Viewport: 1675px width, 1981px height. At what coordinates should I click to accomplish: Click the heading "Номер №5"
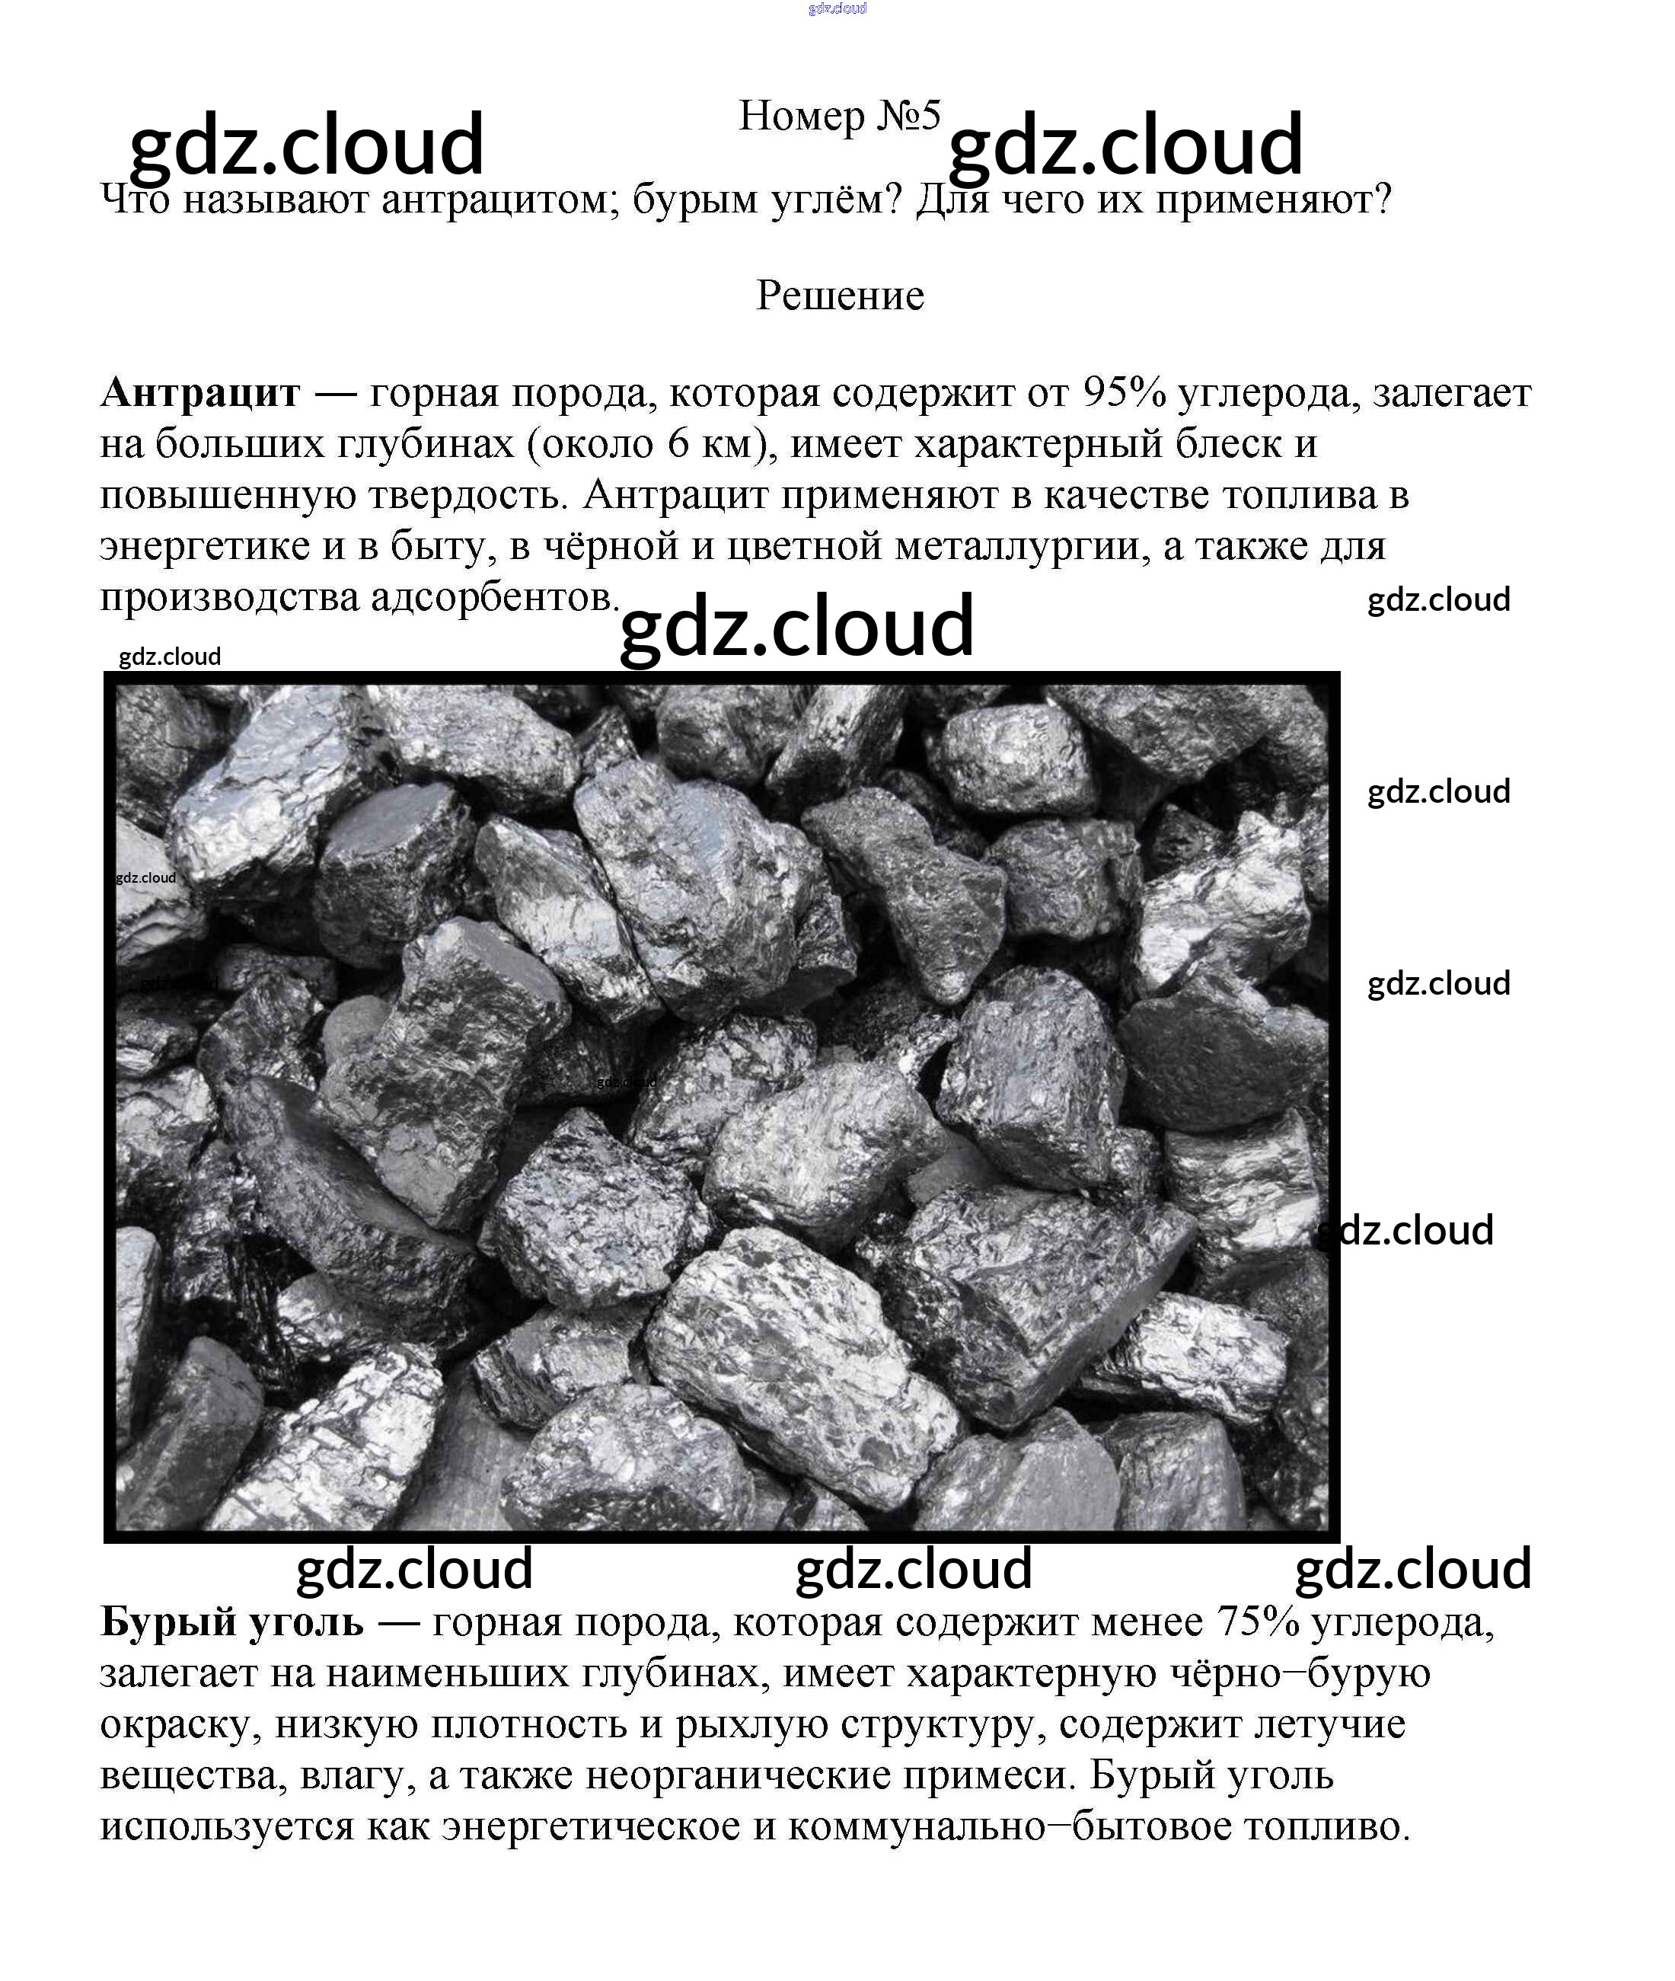pos(839,117)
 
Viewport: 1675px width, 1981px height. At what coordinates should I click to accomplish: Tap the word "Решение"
pos(839,296)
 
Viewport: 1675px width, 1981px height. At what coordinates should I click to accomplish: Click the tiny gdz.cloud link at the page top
pos(837,8)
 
